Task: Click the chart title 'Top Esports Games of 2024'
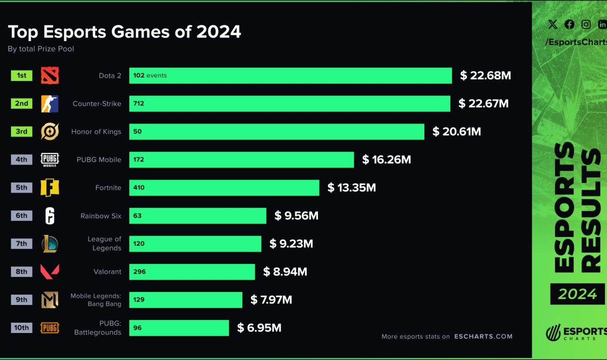[125, 32]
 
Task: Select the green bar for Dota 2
[291, 76]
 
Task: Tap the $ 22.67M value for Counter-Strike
[484, 104]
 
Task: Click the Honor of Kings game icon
[50, 132]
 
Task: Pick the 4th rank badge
[21, 160]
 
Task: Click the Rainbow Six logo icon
[50, 216]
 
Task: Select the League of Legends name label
[104, 244]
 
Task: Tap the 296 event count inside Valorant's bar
[139, 272]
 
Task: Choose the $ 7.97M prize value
[271, 300]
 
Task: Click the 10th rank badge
[21, 328]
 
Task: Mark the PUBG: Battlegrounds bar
[179, 328]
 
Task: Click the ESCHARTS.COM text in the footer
[483, 336]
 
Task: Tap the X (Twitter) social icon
[553, 24]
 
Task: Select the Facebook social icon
[569, 24]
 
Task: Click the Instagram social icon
[586, 24]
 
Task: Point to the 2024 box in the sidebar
[577, 294]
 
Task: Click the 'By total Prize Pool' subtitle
[41, 49]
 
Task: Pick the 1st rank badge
[21, 76]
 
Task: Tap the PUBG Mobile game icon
[50, 160]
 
